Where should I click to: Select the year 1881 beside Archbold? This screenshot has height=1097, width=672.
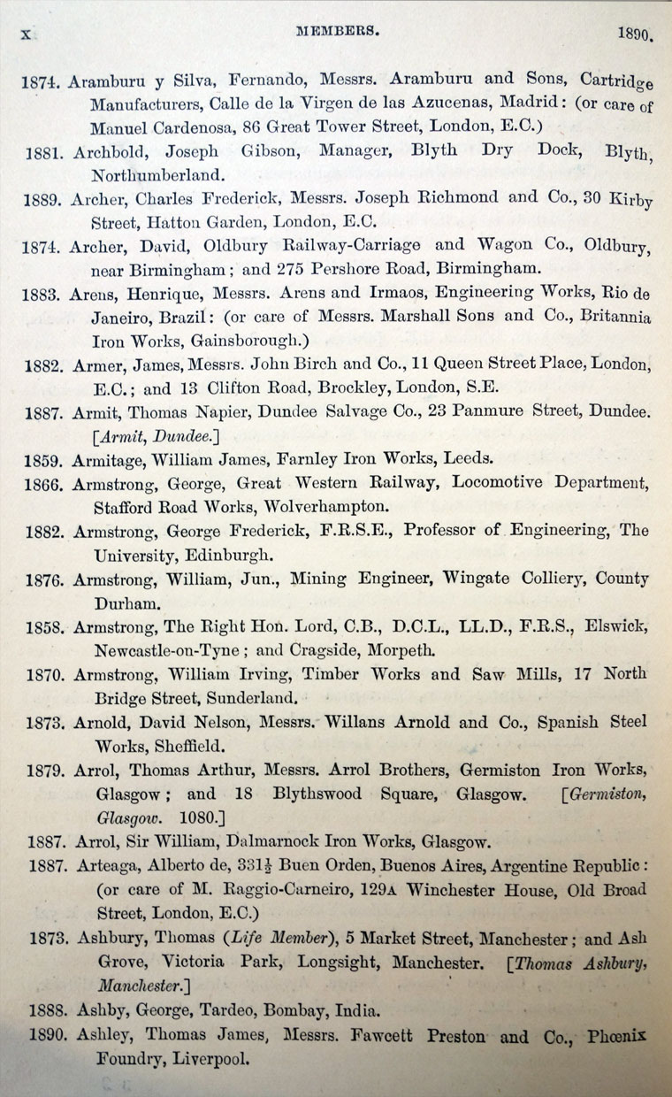pyautogui.click(x=43, y=151)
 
